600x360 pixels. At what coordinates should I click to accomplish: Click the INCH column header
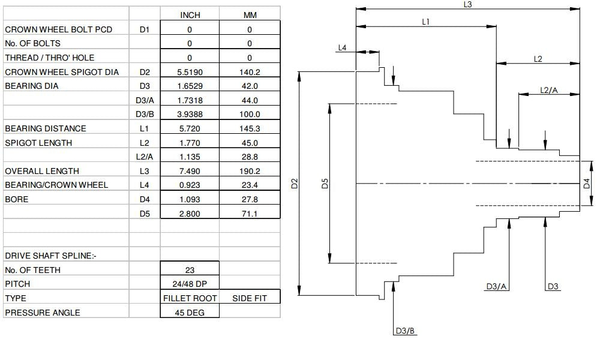pyautogui.click(x=190, y=15)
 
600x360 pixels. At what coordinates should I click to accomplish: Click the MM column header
pyautogui.click(x=250, y=15)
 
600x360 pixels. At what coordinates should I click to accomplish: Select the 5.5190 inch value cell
pyautogui.click(x=190, y=72)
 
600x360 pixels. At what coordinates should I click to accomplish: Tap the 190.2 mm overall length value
pyautogui.click(x=250, y=171)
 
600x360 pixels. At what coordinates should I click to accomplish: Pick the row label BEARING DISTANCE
pyautogui.click(x=46, y=128)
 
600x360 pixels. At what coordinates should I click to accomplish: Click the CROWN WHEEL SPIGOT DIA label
pyautogui.click(x=62, y=72)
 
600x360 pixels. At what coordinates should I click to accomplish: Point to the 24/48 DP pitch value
pyautogui.click(x=190, y=284)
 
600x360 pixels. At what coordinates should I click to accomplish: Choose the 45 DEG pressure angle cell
pyautogui.click(x=190, y=313)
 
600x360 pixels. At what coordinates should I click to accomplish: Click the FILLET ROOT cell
pyautogui.click(x=190, y=298)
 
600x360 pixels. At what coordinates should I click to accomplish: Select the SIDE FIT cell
pyautogui.click(x=250, y=298)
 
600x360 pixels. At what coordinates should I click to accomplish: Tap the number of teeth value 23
pyautogui.click(x=190, y=270)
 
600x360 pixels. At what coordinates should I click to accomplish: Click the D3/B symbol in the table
pyautogui.click(x=145, y=114)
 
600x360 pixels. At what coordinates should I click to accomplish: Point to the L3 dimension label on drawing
pyautogui.click(x=467, y=5)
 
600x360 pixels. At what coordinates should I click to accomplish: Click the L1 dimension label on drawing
pyautogui.click(x=425, y=22)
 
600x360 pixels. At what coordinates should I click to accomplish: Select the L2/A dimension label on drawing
pyautogui.click(x=549, y=90)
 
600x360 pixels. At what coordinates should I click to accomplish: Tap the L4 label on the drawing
pyautogui.click(x=342, y=48)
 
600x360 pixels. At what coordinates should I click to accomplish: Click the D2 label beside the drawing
pyautogui.click(x=294, y=184)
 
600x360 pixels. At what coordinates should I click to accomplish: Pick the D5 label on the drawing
pyautogui.click(x=325, y=184)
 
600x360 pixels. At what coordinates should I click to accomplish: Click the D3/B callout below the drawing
pyautogui.click(x=405, y=331)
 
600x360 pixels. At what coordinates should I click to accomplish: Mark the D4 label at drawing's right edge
pyautogui.click(x=587, y=184)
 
